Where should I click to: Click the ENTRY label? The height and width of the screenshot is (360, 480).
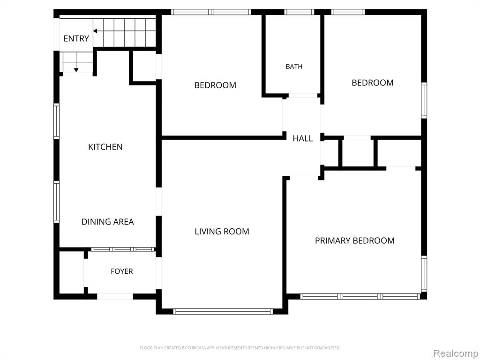pos(76,38)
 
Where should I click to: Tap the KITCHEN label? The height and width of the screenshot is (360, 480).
pos(105,147)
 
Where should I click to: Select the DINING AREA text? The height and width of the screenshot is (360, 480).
pos(107,222)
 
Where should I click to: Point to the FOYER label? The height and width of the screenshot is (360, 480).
pos(122,271)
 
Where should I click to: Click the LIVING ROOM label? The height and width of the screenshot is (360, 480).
pos(222,232)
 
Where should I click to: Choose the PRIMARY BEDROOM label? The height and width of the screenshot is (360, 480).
pos(355,240)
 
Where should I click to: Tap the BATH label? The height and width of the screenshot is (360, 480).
pos(294,67)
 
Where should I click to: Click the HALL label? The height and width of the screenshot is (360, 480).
pos(303,138)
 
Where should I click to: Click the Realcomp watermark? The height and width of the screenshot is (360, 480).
pos(456,353)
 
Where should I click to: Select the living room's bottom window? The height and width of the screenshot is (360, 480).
pos(223,311)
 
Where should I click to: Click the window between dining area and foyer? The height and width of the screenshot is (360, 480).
pos(123,249)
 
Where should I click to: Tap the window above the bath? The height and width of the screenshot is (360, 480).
pos(299,12)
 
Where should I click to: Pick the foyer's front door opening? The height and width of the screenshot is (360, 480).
pos(115,296)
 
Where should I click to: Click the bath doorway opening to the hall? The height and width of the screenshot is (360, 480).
pos(303,96)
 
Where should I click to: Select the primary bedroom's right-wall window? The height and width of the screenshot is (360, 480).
pos(424,274)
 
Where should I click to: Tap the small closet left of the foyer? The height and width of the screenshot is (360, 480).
pos(71,272)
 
